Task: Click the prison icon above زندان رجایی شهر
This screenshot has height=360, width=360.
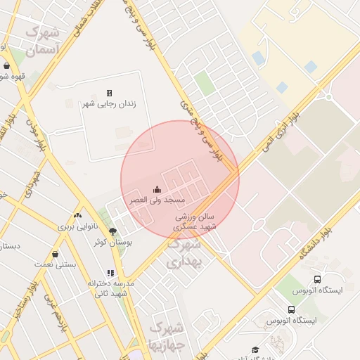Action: (x=109, y=93)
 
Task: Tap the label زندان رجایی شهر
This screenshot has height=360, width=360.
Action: (x=109, y=104)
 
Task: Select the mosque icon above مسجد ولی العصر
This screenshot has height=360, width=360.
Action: (x=156, y=189)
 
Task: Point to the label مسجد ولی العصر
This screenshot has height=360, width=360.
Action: (x=148, y=200)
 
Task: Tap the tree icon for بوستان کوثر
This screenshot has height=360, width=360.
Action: (x=112, y=231)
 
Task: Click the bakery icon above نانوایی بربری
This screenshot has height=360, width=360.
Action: (x=77, y=215)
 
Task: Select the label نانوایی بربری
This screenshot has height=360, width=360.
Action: (x=75, y=226)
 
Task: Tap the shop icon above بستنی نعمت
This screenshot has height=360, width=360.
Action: (x=55, y=254)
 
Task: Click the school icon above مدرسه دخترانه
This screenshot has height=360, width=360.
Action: (x=110, y=273)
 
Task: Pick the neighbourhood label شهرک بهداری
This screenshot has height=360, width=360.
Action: (x=184, y=254)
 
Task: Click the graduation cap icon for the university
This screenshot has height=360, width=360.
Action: (x=255, y=349)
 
